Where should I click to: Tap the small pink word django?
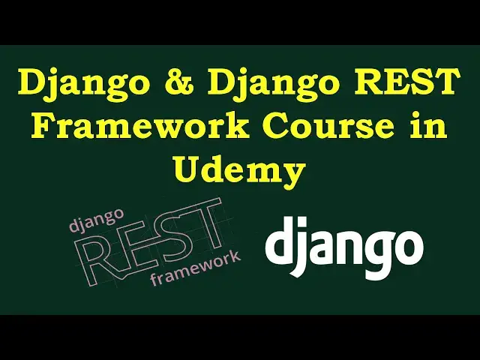click(97, 219)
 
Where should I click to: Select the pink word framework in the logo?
click(195, 268)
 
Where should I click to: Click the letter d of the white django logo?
click(277, 241)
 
